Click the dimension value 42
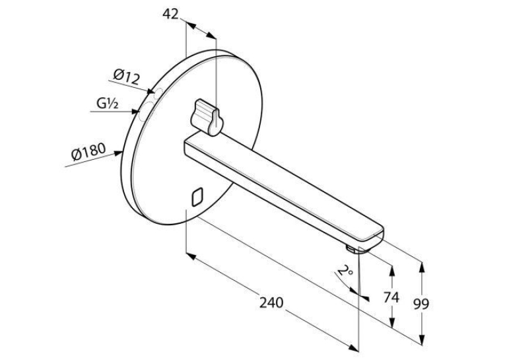point(170,14)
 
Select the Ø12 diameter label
point(127,77)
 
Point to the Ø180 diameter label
point(88,152)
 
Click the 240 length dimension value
point(271,303)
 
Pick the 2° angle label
point(345,271)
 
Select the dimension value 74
point(391,297)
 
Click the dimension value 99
point(421,304)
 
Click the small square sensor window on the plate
point(197,197)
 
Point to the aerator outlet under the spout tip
point(351,249)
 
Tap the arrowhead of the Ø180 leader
point(118,153)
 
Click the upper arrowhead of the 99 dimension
point(422,267)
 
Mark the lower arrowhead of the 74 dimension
point(391,322)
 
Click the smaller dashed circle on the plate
point(158,94)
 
